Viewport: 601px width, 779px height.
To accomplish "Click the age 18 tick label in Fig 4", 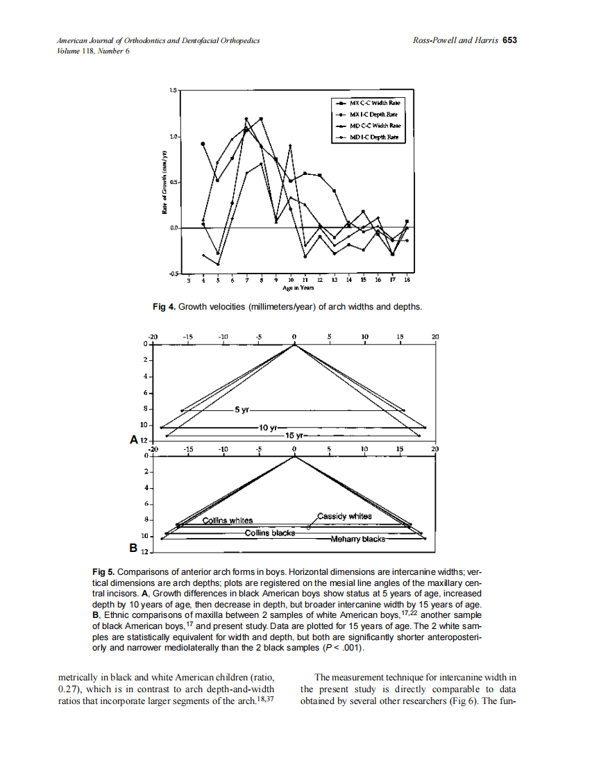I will click(407, 280).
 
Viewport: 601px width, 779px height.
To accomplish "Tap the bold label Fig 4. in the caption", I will click(164, 306).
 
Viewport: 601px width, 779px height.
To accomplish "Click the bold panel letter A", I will click(133, 439).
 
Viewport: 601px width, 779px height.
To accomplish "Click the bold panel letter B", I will click(133, 548).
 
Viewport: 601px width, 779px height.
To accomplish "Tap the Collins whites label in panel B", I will click(227, 520).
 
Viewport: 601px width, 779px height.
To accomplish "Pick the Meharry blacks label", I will click(357, 539).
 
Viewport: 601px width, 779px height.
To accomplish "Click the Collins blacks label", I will click(269, 533).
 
